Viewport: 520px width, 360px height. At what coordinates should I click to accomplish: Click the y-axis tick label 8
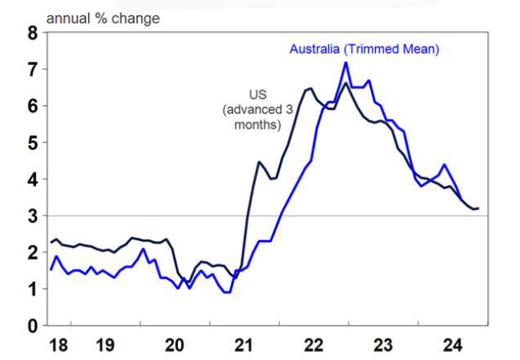pos(32,33)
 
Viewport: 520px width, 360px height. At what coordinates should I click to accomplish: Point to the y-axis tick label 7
pos(32,70)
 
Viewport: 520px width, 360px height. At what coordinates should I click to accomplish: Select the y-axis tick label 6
pos(32,107)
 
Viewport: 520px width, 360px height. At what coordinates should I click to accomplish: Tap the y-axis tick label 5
pos(32,143)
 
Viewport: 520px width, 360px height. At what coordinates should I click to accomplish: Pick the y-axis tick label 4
pos(32,180)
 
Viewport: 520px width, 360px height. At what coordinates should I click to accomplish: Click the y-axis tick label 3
pos(32,216)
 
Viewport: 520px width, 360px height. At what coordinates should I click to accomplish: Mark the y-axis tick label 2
pos(32,253)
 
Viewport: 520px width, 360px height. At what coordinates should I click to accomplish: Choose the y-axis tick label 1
pos(32,289)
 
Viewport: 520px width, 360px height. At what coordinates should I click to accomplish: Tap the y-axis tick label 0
pos(32,326)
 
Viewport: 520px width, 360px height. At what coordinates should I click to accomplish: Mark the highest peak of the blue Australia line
pos(345,63)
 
